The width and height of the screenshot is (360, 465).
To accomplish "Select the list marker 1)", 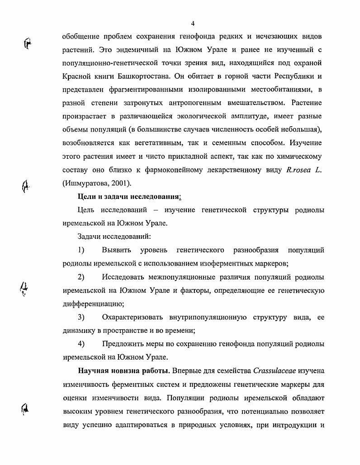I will (81, 250).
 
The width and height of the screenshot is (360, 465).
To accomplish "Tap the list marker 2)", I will (81, 277).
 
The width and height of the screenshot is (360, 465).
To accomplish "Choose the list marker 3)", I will (81, 317).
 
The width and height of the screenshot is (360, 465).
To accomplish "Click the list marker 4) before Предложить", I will (81, 344).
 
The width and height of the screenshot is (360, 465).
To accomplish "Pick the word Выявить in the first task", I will (116, 250).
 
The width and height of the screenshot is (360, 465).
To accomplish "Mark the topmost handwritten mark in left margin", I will (28, 43).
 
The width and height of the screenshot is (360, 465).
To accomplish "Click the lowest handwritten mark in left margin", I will (27, 409).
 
